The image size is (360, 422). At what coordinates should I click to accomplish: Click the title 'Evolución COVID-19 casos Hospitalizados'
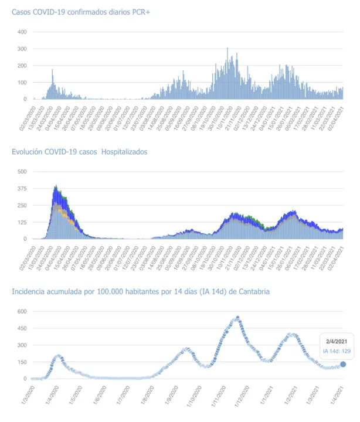click(79, 152)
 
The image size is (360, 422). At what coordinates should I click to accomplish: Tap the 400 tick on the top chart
click(22, 32)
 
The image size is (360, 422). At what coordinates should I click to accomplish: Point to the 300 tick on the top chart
click(22, 49)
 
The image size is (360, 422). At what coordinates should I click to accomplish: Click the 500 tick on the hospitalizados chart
click(22, 172)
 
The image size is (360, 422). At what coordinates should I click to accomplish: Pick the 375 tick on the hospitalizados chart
click(22, 189)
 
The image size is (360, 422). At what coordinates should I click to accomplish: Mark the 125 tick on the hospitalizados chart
click(22, 222)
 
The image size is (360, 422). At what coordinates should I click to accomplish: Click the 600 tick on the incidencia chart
click(22, 311)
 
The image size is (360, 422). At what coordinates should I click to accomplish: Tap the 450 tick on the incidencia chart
click(22, 328)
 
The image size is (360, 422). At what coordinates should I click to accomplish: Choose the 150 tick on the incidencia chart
click(22, 362)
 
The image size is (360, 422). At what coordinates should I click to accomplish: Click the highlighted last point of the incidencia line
click(344, 364)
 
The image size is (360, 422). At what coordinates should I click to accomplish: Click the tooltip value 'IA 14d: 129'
click(336, 351)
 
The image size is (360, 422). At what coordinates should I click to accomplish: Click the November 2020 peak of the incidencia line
click(237, 318)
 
